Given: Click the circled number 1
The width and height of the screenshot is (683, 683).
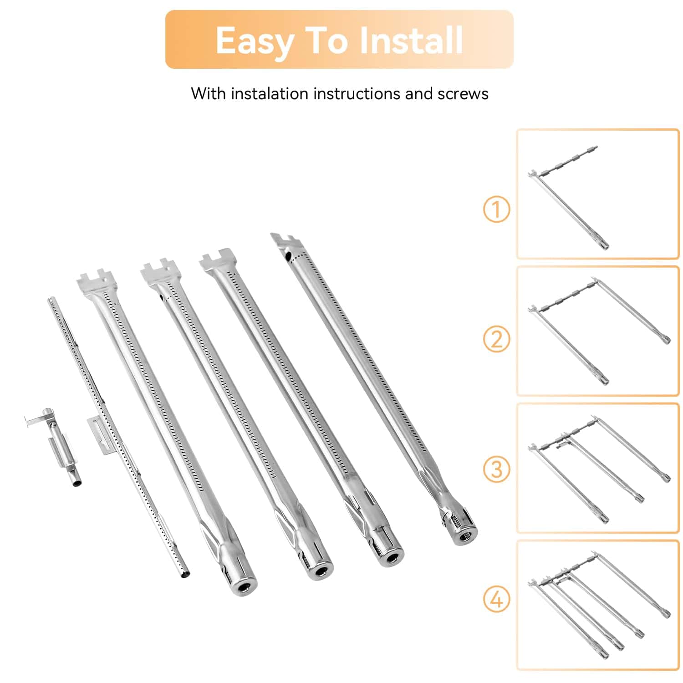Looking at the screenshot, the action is coord(496,209).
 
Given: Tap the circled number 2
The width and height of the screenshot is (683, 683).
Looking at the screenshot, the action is coord(496,339).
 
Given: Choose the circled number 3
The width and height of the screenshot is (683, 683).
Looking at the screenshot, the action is coord(496,469).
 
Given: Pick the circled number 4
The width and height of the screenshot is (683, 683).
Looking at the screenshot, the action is coord(496,599).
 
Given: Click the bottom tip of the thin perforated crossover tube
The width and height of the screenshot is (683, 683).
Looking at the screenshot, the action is coord(184,575).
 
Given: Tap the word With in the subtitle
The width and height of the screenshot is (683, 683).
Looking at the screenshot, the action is coord(208,93).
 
